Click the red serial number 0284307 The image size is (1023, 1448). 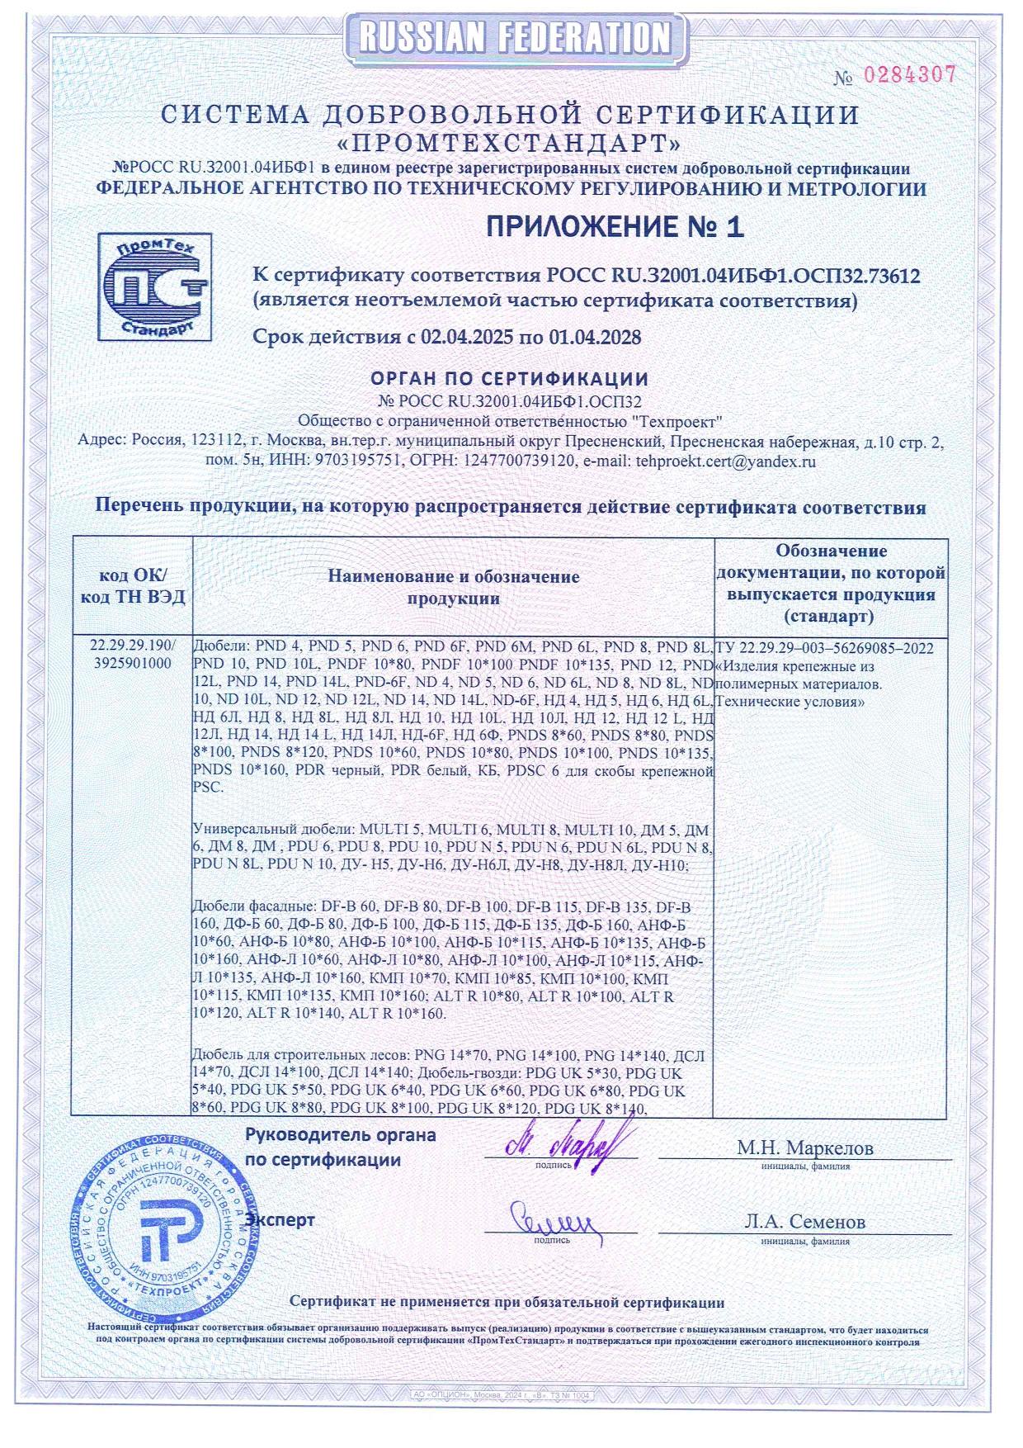908,75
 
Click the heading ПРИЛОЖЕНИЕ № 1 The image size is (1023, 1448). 615,226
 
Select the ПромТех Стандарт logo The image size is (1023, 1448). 153,286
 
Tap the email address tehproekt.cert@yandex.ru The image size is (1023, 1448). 725,461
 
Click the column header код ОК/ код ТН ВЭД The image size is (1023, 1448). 133,585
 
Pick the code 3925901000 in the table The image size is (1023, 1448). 133,663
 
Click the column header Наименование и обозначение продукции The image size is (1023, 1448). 454,587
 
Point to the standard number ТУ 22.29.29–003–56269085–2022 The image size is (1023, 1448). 824,648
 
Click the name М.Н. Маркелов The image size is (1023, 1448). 804,1148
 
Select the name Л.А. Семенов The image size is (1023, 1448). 804,1221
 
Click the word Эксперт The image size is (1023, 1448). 280,1219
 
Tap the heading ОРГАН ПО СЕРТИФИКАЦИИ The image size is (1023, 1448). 509,379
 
